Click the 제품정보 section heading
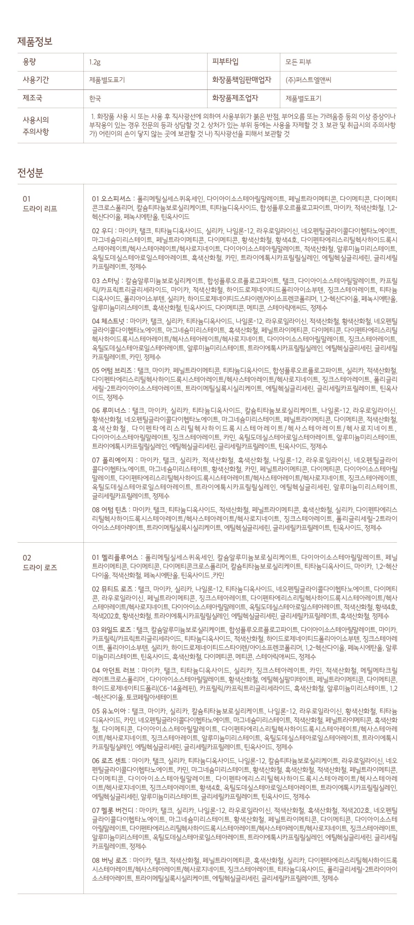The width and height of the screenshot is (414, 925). click(x=35, y=41)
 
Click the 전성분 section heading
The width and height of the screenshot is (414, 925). click(x=31, y=173)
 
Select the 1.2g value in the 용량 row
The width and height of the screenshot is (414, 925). click(x=95, y=62)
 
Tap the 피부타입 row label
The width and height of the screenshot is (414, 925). click(x=225, y=61)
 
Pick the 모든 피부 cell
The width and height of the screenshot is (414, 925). click(x=298, y=62)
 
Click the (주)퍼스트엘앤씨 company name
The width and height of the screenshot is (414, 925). click(x=308, y=80)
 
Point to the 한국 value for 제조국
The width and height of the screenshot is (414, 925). click(x=95, y=98)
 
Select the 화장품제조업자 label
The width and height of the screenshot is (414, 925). click(x=235, y=98)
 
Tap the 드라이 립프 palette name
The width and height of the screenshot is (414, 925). click(x=40, y=209)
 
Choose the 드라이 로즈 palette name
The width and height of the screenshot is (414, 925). click(x=40, y=568)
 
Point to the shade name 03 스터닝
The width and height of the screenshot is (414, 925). click(x=107, y=280)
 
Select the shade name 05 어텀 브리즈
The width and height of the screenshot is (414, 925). click(x=112, y=371)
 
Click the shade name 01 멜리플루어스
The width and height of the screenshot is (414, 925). click(x=115, y=558)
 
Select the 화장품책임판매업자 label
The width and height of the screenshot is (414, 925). click(x=242, y=80)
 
